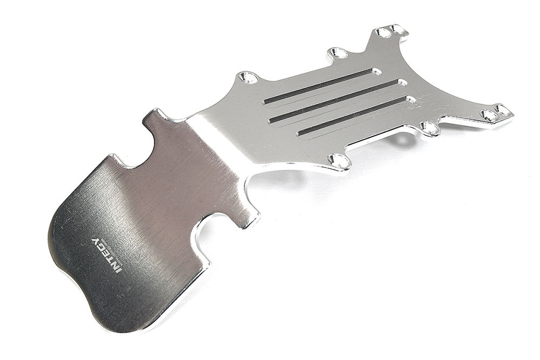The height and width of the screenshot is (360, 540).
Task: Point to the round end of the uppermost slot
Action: pos(376,71)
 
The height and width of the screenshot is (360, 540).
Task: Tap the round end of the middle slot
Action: pos(402,83)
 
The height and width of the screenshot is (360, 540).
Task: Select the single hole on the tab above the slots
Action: pos(338,53)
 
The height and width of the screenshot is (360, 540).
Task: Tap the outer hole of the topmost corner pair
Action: pos(400,29)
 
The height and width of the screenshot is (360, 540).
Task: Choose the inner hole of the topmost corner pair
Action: pos(383,33)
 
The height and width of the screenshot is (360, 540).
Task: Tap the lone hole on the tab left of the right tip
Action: pos(430,127)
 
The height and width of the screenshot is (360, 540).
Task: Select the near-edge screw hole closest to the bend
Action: pos(339,160)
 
